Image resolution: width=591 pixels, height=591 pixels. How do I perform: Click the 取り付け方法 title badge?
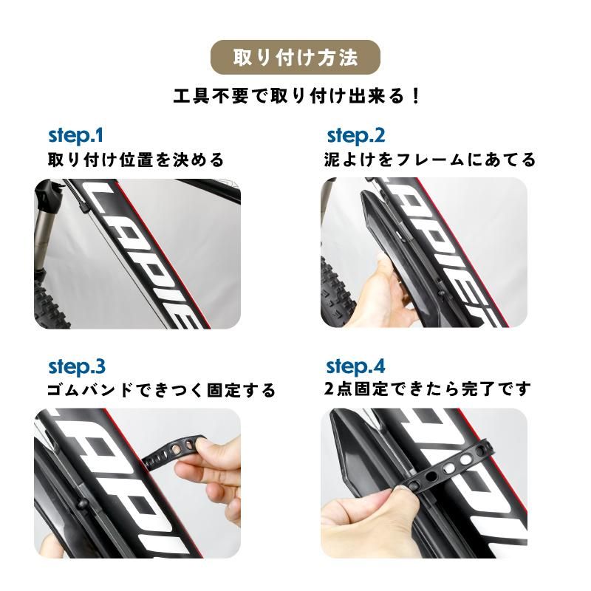point(295,58)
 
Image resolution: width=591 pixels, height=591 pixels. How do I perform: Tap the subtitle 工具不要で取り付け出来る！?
point(297,97)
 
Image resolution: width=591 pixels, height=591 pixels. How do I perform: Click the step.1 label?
point(76,136)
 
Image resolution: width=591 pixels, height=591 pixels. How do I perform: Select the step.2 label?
point(356,136)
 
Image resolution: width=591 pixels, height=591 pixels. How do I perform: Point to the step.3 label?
point(77,367)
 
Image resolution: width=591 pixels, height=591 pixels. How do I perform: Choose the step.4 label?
point(356,366)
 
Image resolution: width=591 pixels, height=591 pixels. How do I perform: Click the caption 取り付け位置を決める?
point(136,160)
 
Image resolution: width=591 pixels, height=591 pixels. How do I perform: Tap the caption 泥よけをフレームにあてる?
point(430,160)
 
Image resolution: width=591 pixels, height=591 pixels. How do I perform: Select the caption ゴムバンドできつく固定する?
point(161,391)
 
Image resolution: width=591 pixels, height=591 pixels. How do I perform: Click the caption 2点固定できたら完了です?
point(428,389)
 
